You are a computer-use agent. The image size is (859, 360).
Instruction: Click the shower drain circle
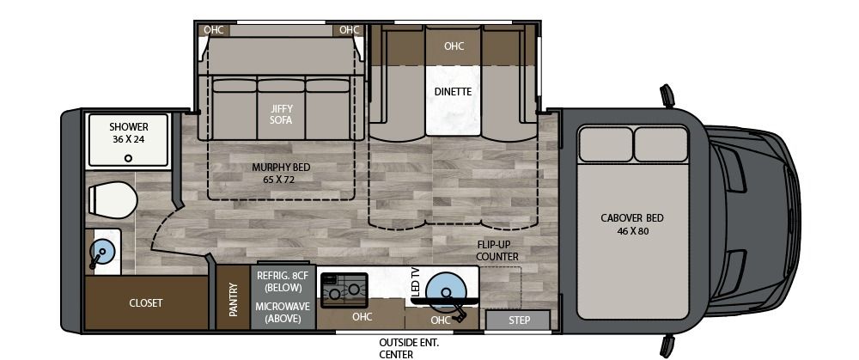[x=128, y=157]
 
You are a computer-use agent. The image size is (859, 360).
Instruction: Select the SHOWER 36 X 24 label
[x=128, y=132]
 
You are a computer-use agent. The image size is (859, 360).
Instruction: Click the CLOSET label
[x=145, y=303]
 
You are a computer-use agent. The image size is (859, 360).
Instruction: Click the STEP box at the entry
[x=518, y=320]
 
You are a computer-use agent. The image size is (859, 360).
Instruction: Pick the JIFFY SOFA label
[x=281, y=114]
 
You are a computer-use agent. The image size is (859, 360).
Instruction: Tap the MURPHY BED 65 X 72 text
[x=281, y=173]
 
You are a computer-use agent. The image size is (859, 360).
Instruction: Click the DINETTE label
[x=453, y=91]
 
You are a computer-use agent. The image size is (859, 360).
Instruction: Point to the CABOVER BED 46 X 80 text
[x=632, y=224]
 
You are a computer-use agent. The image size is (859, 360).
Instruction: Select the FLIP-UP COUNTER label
[x=498, y=250]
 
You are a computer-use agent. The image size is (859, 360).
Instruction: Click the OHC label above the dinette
[x=454, y=46]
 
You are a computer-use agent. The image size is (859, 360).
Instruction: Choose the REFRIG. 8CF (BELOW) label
[x=282, y=281]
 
